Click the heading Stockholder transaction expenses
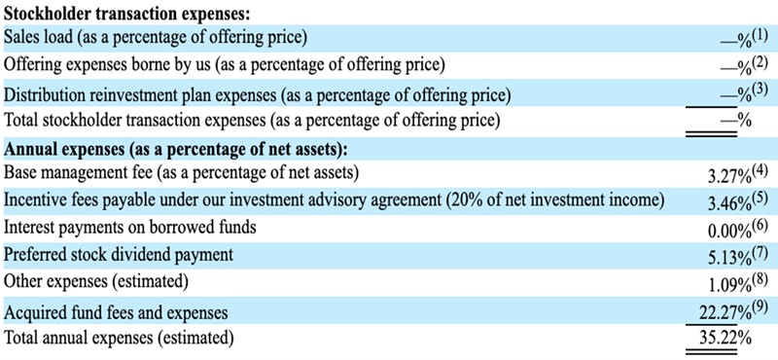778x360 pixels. [x=125, y=13]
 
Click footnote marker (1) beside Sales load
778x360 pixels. [x=760, y=36]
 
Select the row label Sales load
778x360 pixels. [x=38, y=38]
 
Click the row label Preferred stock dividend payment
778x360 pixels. [x=118, y=255]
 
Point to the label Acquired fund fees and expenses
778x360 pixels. [x=116, y=313]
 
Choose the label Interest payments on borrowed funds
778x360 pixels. [x=130, y=228]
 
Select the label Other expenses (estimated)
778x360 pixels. [x=95, y=281]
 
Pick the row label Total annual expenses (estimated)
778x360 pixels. [x=118, y=338]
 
